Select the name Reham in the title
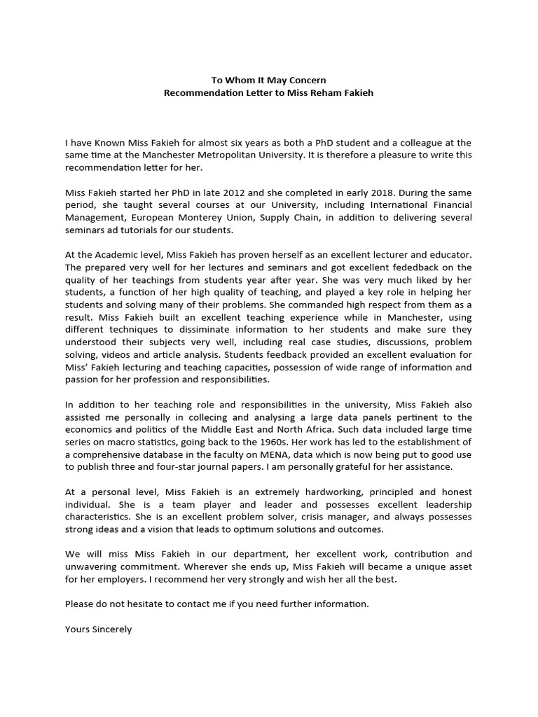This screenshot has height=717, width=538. [308, 92]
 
